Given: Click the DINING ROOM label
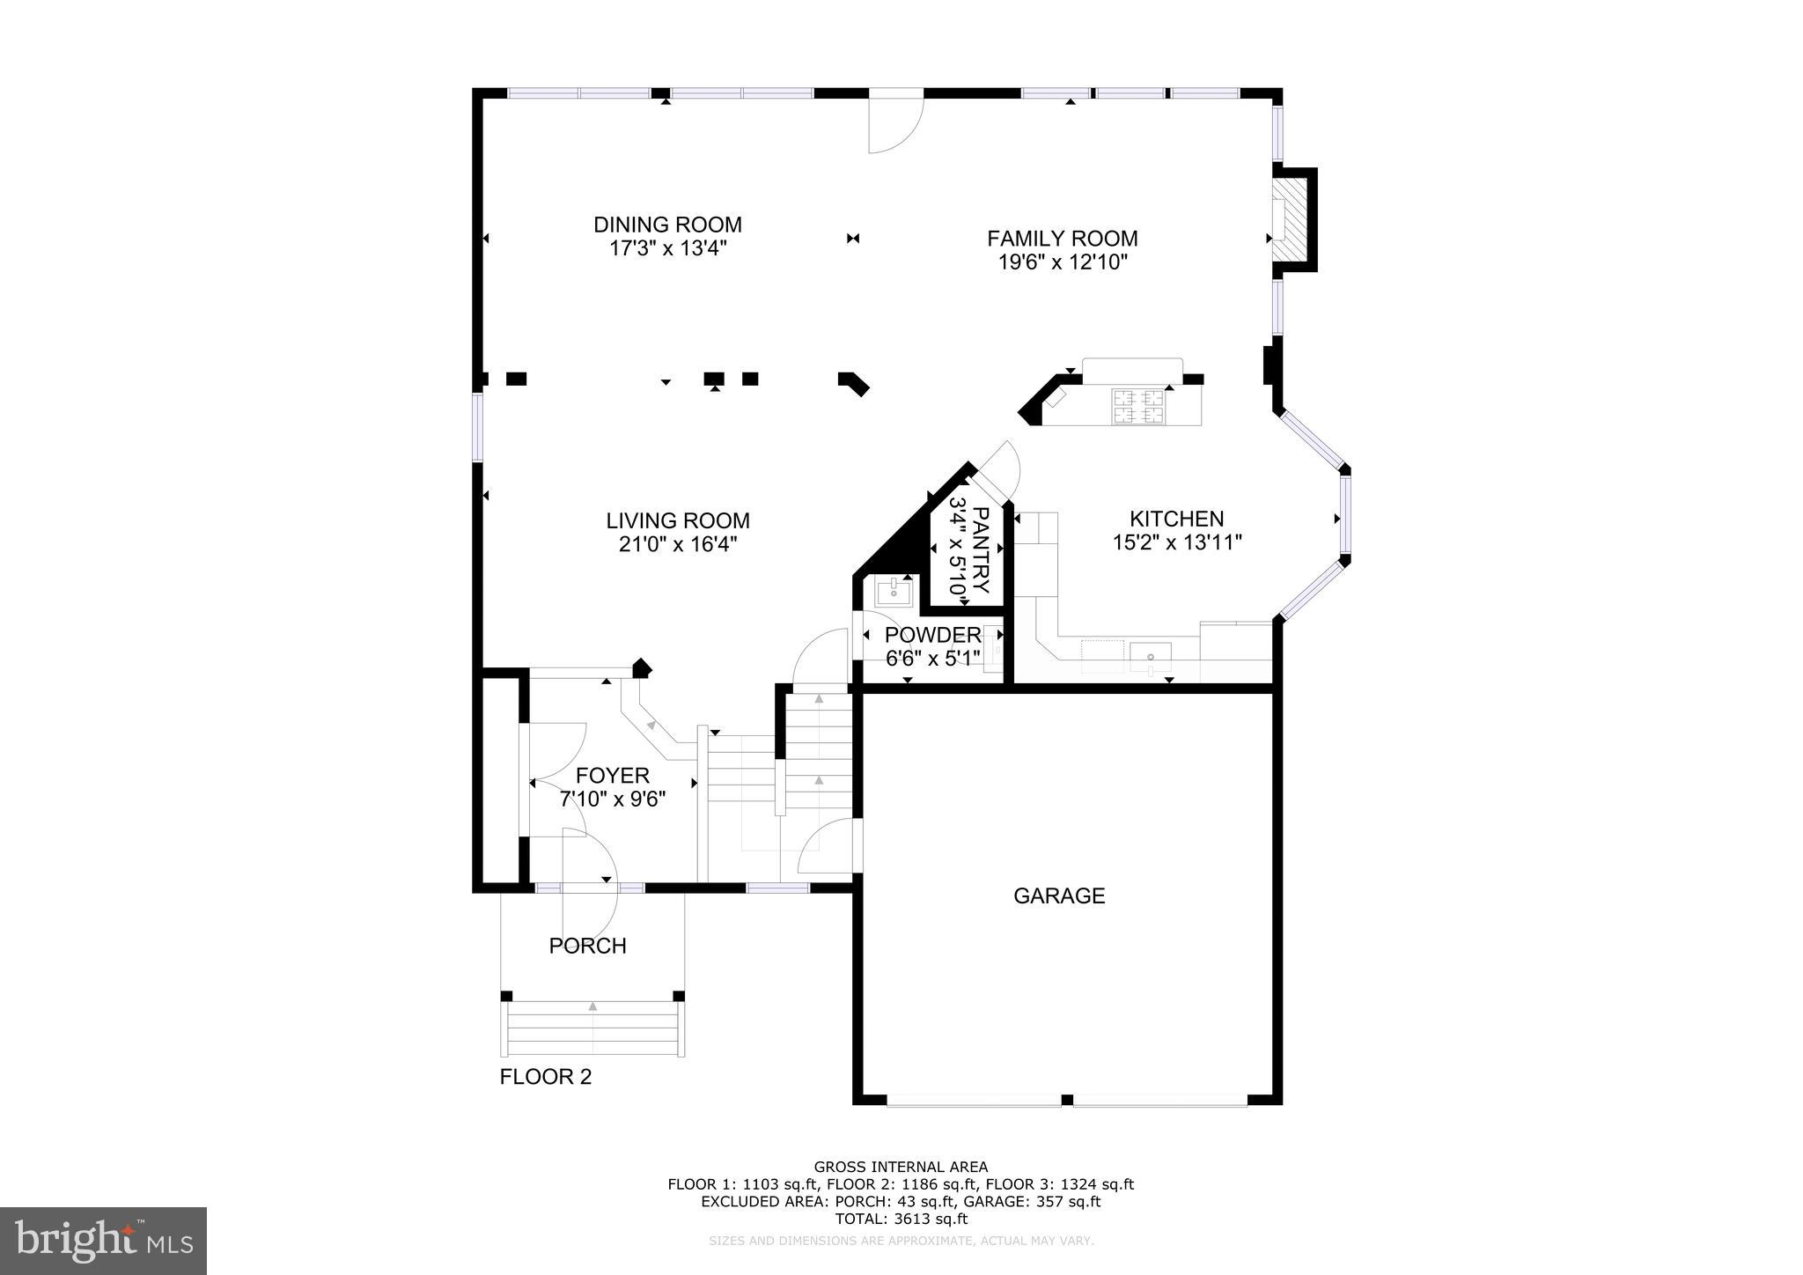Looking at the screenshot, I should [x=667, y=225].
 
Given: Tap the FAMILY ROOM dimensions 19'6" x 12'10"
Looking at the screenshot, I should [x=1063, y=262].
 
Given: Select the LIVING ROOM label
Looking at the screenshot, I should [x=678, y=520].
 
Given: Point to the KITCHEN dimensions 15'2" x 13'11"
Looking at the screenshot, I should [x=1177, y=542].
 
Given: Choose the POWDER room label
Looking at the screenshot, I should [x=932, y=635].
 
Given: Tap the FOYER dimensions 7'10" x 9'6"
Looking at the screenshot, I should [x=612, y=800].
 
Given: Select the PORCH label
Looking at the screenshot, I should [x=587, y=946].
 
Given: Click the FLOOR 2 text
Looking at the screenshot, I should [x=546, y=1076].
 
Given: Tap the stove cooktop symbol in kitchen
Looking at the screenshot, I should [x=1138, y=407].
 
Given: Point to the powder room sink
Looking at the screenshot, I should [x=894, y=590].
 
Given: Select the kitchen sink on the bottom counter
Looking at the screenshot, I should [x=1151, y=656].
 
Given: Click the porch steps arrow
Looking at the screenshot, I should [x=592, y=1006].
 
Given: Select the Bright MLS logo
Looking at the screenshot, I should [x=104, y=1241].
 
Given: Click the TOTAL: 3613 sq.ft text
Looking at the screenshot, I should [x=901, y=1219].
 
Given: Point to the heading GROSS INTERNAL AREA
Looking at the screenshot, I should [x=901, y=1168].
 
